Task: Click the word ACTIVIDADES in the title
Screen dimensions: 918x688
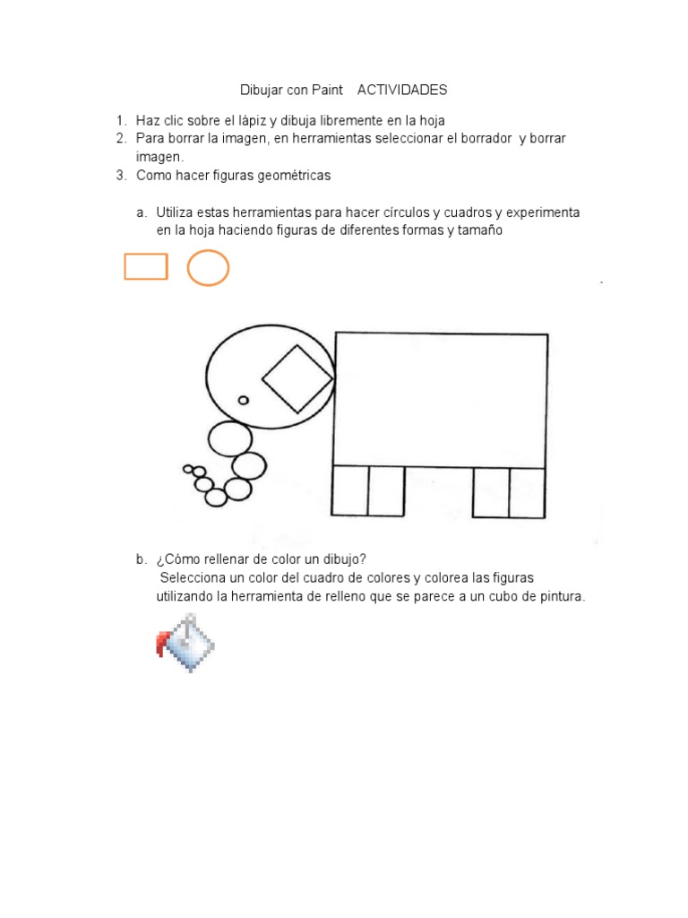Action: tap(401, 91)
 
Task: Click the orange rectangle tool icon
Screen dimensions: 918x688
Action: tap(146, 266)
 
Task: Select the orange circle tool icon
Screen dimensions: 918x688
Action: tap(208, 267)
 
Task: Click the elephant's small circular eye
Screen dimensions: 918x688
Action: tap(243, 401)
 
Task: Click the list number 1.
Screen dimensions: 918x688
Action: tap(120, 120)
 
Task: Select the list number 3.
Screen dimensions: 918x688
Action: tap(120, 176)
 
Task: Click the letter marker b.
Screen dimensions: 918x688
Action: tap(141, 559)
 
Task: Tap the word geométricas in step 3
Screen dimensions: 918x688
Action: tap(295, 176)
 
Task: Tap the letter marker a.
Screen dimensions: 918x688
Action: tap(141, 212)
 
